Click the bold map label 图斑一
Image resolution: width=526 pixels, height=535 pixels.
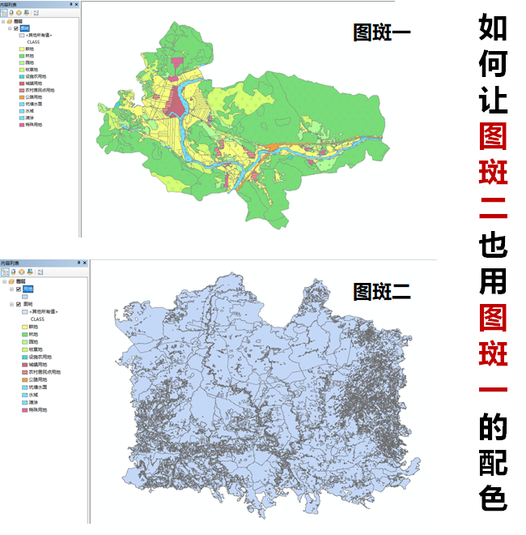coord(382,32)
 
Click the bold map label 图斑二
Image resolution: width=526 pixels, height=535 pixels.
coord(382,291)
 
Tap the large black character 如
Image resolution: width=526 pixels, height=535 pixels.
coord(493,27)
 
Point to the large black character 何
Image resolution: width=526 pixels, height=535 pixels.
coord(493,63)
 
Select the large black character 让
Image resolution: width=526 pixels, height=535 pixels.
coord(493,100)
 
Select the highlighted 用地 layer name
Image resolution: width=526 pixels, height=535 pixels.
coord(28,289)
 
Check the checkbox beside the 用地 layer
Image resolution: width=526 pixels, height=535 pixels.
coord(18,289)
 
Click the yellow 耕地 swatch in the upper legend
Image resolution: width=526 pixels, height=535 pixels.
coord(22,49)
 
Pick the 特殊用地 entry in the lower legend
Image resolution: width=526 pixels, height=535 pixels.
coord(37,410)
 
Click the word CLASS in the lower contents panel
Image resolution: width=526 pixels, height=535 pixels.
coord(36,319)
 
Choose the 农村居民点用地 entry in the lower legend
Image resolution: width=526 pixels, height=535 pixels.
coord(44,372)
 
